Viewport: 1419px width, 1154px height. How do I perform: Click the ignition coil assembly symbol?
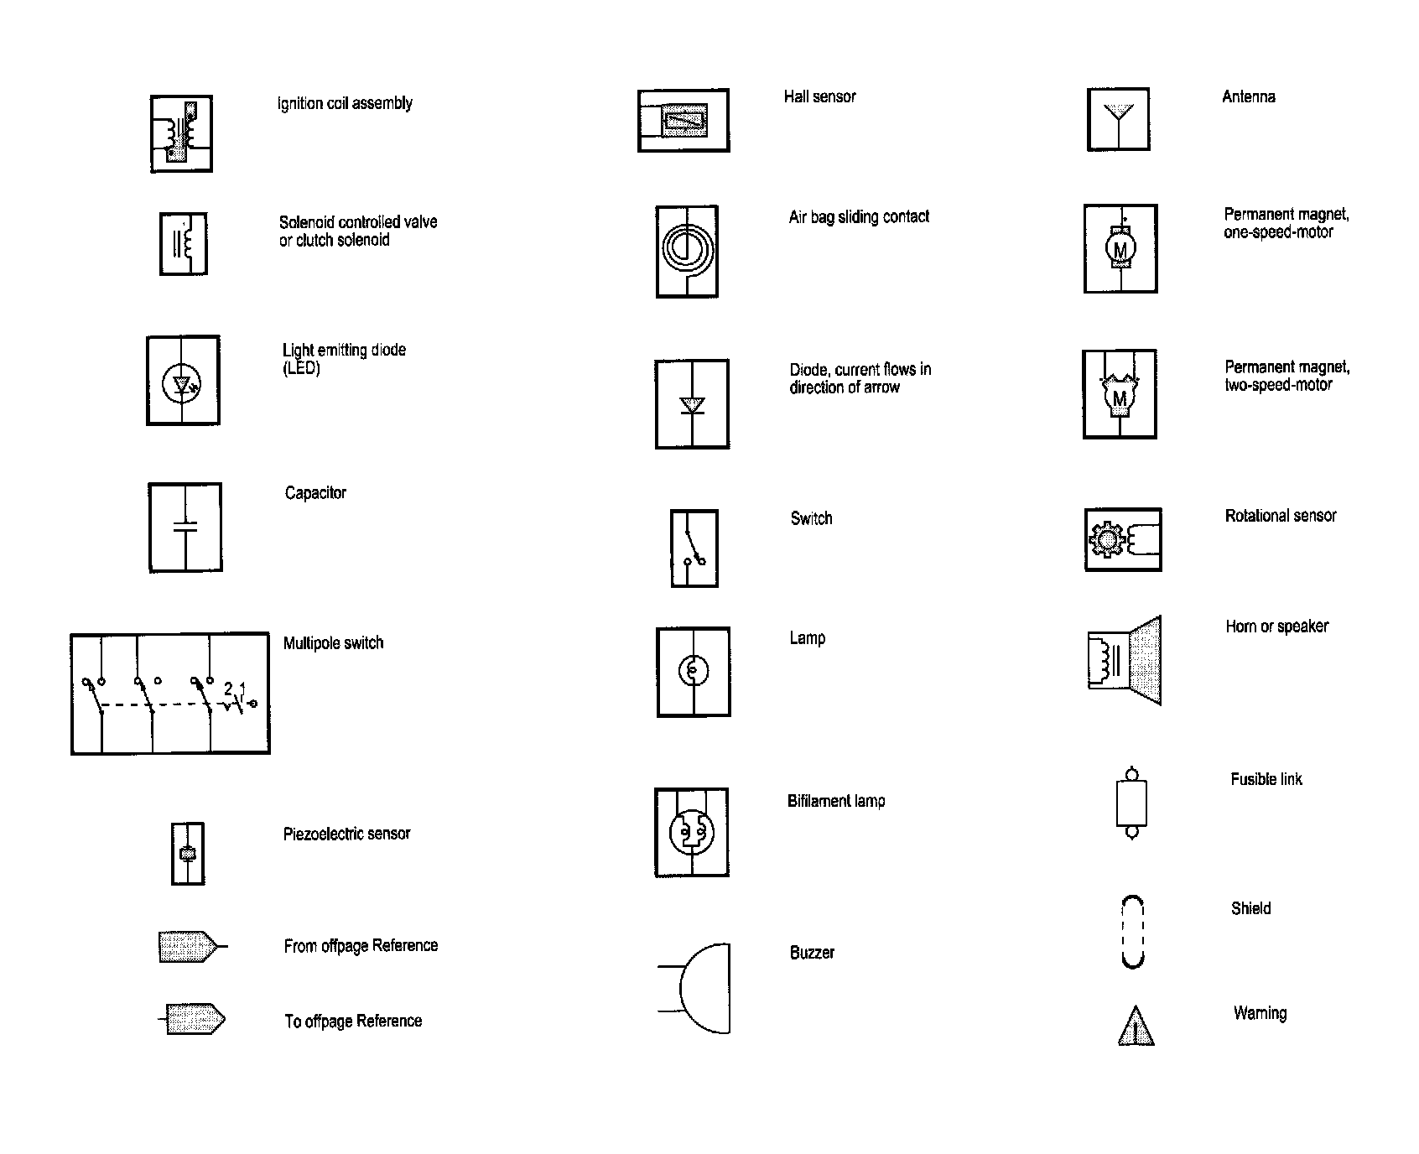(181, 134)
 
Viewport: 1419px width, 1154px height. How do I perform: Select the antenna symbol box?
(1118, 120)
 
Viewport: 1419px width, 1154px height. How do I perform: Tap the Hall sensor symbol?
(684, 121)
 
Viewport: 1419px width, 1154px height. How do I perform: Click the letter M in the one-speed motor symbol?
(1120, 249)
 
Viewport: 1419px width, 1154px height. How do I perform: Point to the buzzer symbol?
(703, 988)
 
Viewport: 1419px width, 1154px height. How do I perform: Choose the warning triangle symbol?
(1136, 1027)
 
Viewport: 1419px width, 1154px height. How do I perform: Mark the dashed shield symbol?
(1133, 933)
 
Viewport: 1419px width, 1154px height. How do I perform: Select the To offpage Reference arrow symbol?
(195, 1020)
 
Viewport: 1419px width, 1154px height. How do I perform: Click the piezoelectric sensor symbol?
(188, 854)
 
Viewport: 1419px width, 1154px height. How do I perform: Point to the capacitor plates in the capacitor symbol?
(185, 527)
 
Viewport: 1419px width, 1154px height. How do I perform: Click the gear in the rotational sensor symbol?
(1106, 539)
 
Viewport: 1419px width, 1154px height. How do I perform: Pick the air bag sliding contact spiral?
(686, 248)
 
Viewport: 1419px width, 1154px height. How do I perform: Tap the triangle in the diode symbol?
(692, 405)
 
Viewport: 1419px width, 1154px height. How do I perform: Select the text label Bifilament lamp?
(836, 801)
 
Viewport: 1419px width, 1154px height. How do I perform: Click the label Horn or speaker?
(1276, 626)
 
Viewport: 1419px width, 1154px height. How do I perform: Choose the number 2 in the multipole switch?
(228, 689)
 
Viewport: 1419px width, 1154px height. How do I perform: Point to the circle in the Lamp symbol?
(693, 670)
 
